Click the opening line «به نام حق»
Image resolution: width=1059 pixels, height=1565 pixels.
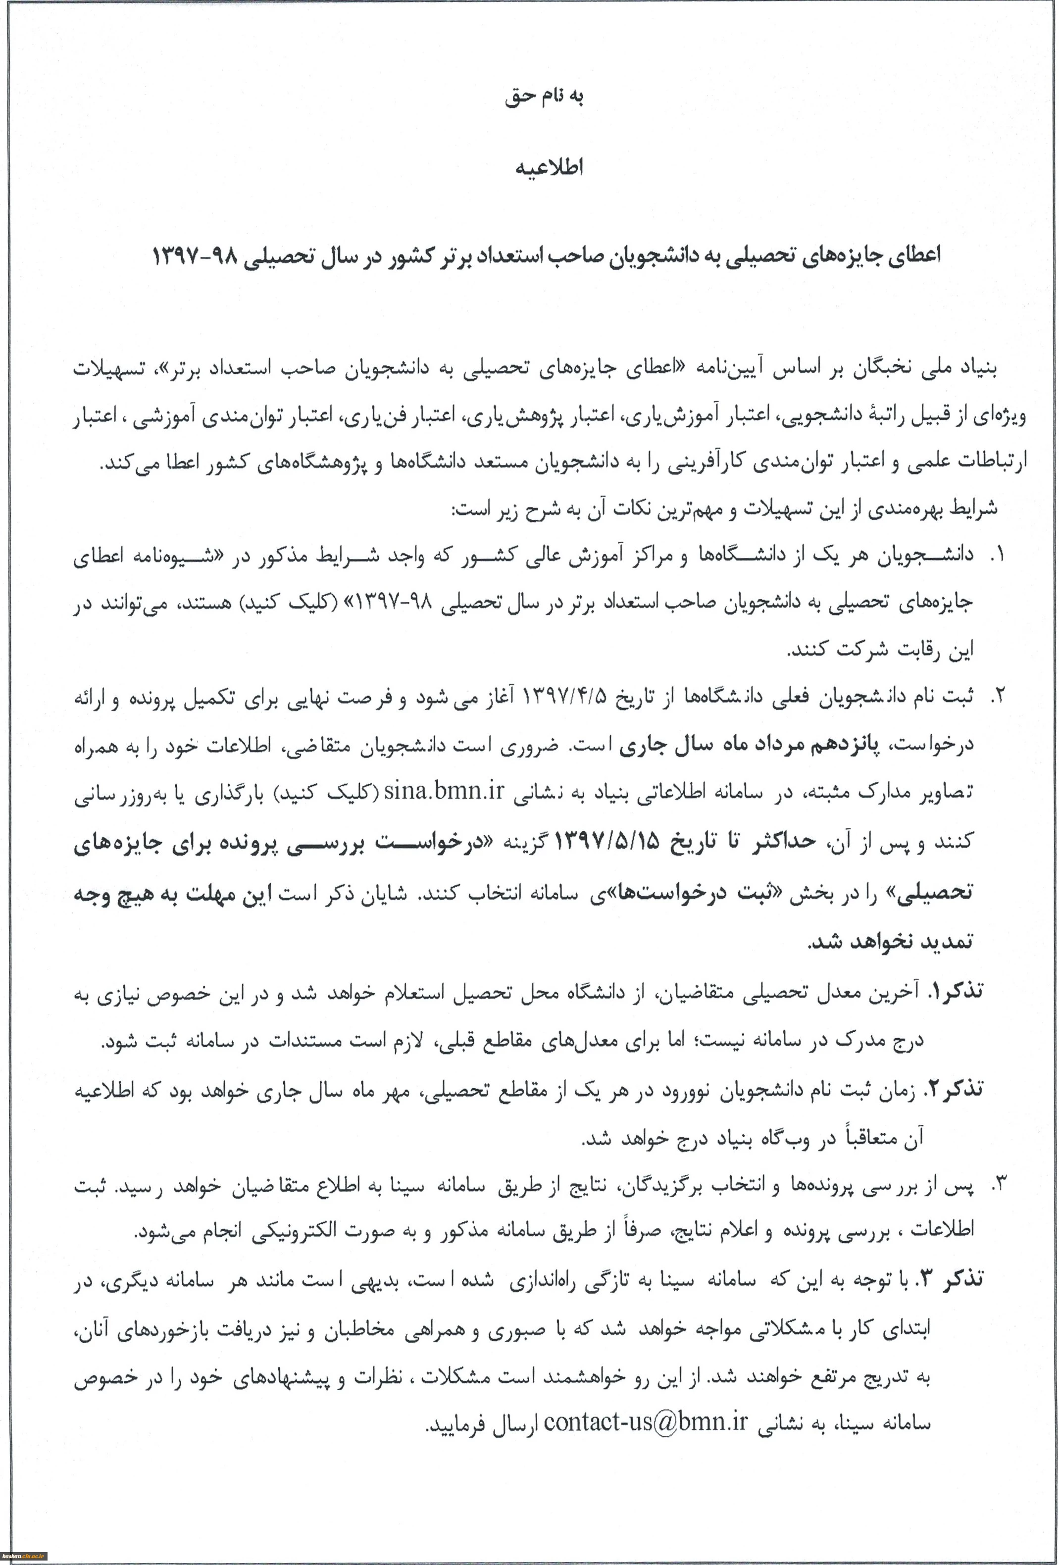(544, 97)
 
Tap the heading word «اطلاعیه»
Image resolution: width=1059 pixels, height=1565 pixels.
(549, 168)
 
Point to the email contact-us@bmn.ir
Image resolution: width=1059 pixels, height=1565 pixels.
(646, 1421)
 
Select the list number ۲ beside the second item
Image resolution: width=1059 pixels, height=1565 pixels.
(997, 696)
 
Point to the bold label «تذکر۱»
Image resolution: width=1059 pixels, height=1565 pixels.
(956, 991)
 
